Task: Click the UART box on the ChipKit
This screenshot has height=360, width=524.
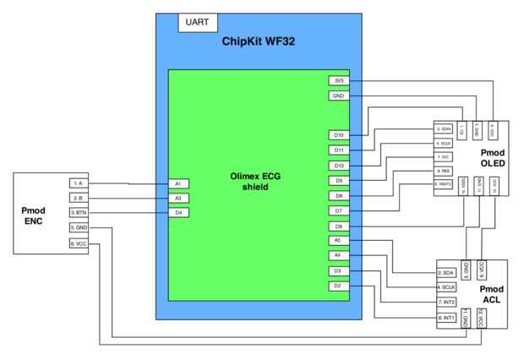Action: click(x=196, y=23)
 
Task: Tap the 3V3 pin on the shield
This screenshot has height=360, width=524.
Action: click(x=338, y=80)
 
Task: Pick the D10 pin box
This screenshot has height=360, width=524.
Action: click(x=338, y=135)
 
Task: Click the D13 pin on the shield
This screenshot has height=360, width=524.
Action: click(x=338, y=166)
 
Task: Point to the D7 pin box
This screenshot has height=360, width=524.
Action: click(x=338, y=210)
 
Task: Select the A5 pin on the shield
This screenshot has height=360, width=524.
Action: click(x=338, y=241)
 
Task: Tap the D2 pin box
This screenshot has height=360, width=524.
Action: click(x=338, y=286)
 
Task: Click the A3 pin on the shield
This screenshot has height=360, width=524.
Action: click(x=177, y=198)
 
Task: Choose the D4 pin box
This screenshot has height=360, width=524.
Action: click(x=177, y=212)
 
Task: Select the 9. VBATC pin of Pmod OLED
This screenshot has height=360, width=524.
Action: click(x=445, y=183)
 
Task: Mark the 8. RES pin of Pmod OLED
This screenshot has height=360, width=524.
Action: click(x=445, y=170)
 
